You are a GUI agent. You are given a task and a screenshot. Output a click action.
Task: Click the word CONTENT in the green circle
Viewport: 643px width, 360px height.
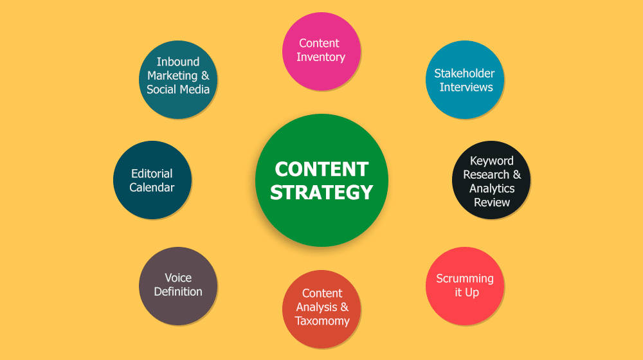click(x=321, y=169)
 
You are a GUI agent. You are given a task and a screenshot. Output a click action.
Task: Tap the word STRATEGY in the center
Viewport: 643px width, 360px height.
click(x=321, y=192)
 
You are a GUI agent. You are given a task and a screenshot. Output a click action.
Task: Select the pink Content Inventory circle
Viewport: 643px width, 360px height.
click(x=321, y=51)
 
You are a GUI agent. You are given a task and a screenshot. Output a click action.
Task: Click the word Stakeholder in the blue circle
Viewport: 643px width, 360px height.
click(x=464, y=73)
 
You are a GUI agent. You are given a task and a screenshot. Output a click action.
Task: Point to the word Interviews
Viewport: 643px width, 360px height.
click(x=466, y=87)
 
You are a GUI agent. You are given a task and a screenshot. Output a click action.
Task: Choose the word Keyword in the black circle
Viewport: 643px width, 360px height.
click(x=492, y=161)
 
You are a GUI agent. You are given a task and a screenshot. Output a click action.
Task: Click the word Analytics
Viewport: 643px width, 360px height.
click(x=492, y=188)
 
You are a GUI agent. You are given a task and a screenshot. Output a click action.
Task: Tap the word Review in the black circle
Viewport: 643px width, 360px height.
click(x=492, y=202)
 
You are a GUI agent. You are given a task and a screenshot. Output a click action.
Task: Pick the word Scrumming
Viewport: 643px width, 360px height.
click(x=465, y=279)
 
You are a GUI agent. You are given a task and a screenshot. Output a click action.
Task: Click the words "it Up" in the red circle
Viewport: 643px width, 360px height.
click(x=467, y=292)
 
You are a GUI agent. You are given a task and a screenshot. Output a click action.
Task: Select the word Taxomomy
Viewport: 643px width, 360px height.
click(x=322, y=321)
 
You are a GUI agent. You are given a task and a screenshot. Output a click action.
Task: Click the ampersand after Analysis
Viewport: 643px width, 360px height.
click(x=345, y=307)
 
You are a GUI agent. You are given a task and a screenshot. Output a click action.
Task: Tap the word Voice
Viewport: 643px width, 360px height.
click(x=178, y=278)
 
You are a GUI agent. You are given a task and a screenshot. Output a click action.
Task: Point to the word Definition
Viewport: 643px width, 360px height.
click(x=178, y=291)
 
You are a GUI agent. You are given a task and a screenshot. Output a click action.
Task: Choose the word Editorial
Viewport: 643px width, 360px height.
click(x=152, y=174)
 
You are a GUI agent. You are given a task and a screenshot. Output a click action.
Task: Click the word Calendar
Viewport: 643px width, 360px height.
click(x=152, y=187)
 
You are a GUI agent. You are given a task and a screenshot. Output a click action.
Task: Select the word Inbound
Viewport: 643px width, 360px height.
click(x=178, y=62)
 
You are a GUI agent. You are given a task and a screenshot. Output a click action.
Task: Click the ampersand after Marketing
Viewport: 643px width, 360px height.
click(x=205, y=75)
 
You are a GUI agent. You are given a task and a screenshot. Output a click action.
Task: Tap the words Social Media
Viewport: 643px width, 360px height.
click(x=178, y=89)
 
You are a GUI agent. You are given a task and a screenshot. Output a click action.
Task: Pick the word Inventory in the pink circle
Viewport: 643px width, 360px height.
click(x=321, y=57)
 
